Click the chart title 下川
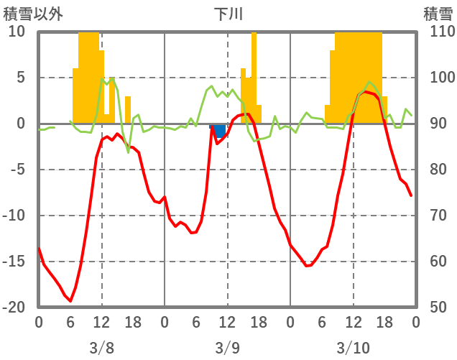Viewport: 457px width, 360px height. [x=227, y=14]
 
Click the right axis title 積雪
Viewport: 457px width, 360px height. [x=438, y=14]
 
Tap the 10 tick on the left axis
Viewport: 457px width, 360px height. [x=17, y=32]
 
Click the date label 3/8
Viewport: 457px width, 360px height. [x=101, y=348]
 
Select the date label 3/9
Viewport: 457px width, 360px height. [x=227, y=348]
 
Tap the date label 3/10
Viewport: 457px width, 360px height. [x=353, y=348]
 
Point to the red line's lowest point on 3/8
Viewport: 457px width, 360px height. [x=70, y=301]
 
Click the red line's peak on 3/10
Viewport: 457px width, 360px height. [x=366, y=91]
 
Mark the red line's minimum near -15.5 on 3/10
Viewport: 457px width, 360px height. [x=306, y=266]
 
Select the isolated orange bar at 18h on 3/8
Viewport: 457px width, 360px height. [x=128, y=110]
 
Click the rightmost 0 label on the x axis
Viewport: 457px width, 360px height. [x=415, y=322]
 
